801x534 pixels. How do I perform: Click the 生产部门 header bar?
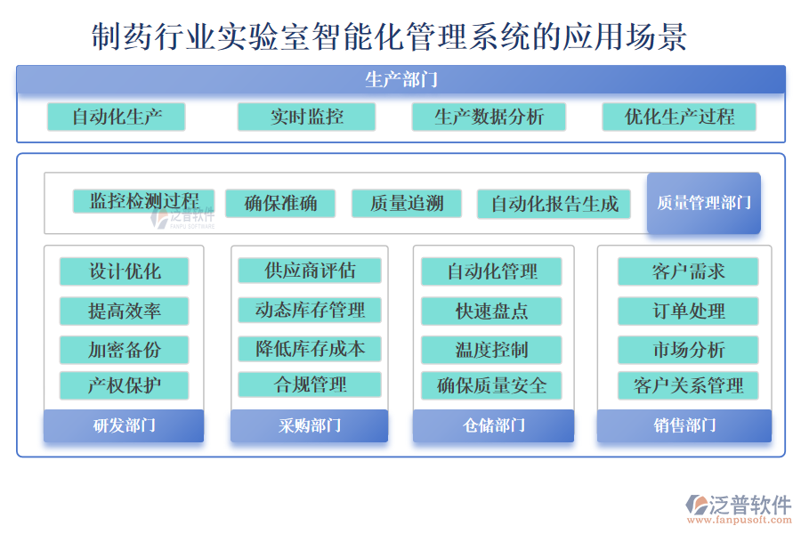click(401, 79)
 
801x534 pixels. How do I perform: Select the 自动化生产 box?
click(117, 117)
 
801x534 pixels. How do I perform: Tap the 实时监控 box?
click(306, 117)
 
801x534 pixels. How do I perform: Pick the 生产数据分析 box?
click(489, 117)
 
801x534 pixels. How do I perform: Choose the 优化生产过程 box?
click(679, 117)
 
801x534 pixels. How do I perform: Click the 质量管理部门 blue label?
click(704, 204)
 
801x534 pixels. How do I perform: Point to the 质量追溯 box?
click(407, 204)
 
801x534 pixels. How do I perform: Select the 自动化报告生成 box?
click(554, 204)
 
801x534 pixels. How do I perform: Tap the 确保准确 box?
click(280, 204)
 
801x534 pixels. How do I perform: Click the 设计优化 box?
click(124, 271)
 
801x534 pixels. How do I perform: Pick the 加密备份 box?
click(124, 350)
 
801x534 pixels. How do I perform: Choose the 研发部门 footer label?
click(124, 425)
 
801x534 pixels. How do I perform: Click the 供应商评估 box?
click(310, 271)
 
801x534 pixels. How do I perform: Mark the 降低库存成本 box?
click(310, 349)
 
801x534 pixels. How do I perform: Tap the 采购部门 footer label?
click(309, 425)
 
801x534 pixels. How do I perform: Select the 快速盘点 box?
click(491, 311)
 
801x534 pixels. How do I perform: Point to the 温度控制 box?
click(491, 350)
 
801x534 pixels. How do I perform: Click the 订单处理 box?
click(688, 311)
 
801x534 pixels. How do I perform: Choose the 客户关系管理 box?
click(688, 385)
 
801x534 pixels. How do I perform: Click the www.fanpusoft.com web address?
click(740, 520)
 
